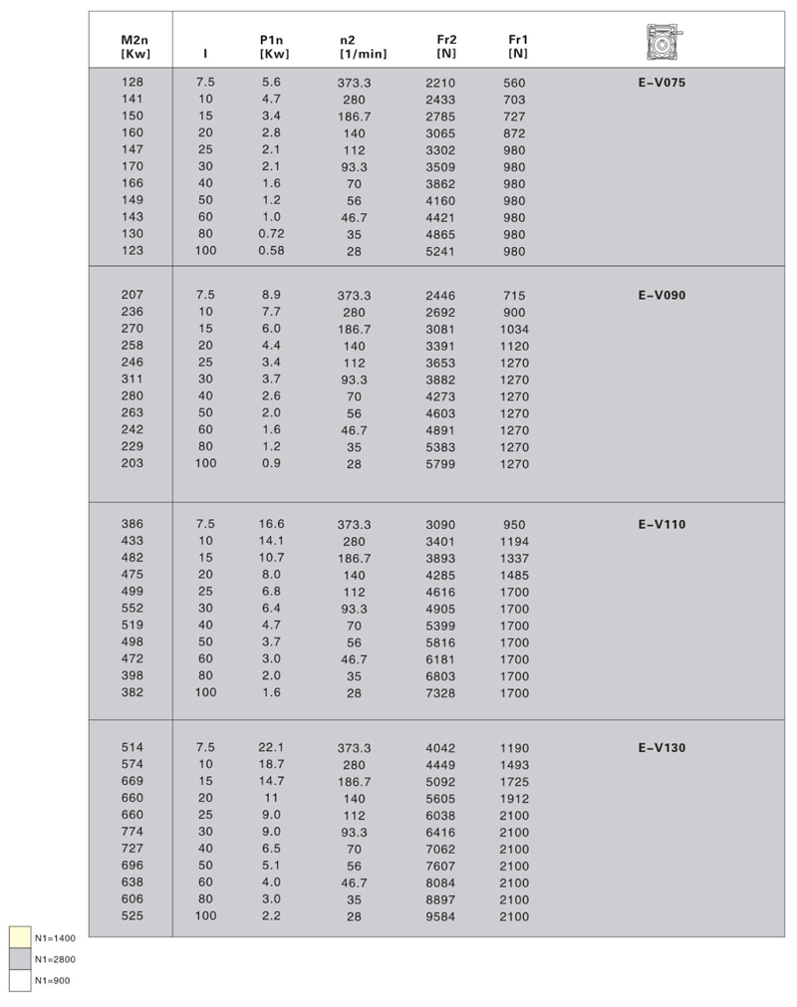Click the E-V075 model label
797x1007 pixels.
pos(662,83)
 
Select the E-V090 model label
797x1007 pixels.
pos(662,296)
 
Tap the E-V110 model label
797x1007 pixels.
pos(662,524)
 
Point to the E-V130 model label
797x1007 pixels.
pos(662,748)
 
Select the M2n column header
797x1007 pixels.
pos(134,46)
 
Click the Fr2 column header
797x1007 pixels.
pos(446,46)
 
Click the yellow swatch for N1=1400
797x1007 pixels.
pos(19,937)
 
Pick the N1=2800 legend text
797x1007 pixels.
pos(55,959)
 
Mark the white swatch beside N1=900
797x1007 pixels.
pos(19,980)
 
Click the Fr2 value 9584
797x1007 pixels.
pos(439,916)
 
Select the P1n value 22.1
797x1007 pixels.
pos(272,747)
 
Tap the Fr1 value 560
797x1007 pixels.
pos(514,83)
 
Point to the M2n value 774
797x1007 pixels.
pos(133,832)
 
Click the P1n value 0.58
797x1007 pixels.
pos(271,251)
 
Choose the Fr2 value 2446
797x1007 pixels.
pos(439,296)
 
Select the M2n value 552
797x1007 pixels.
pos(133,609)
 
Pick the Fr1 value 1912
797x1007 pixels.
pos(514,799)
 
